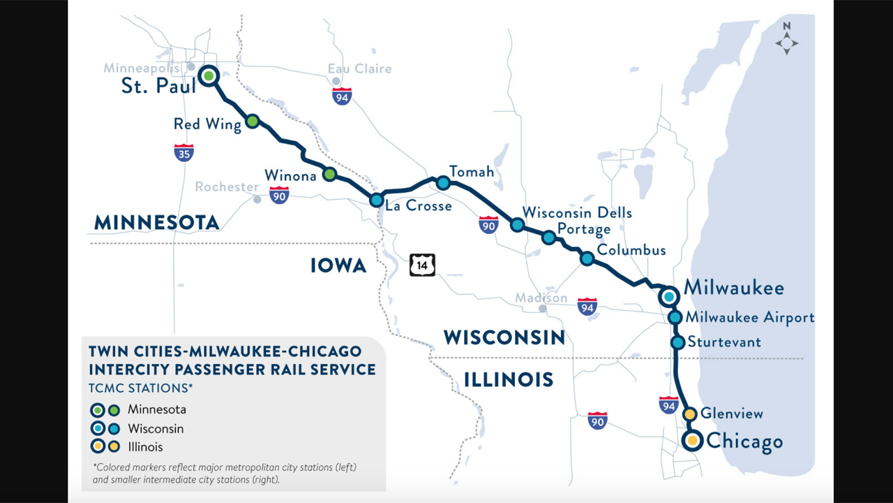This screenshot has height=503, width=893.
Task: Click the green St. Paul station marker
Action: tap(209, 75)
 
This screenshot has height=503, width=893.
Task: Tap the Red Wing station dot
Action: tap(253, 121)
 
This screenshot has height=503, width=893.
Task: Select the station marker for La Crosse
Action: tap(376, 201)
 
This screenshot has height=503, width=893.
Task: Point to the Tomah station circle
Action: tap(443, 183)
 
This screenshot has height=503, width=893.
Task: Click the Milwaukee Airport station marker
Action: tap(675, 318)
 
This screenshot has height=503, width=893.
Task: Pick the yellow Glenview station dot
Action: tap(689, 414)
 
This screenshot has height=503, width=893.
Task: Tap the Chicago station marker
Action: tap(692, 441)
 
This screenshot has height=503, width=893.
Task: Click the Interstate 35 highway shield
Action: tap(183, 152)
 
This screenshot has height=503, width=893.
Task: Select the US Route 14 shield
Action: tap(422, 265)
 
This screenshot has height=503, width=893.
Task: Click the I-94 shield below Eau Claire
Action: tap(342, 96)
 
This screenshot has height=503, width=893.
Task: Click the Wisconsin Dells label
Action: tap(577, 212)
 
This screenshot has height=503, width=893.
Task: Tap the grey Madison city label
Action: tap(541, 298)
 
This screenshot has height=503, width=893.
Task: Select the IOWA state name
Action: tap(338, 265)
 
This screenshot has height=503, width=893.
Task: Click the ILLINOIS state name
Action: tap(508, 380)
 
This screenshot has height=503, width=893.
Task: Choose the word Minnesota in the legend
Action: tap(156, 409)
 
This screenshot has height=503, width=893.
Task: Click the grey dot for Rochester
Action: tap(257, 199)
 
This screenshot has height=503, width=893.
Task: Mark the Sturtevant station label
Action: tap(724, 342)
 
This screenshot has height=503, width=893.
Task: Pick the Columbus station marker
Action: tap(587, 258)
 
